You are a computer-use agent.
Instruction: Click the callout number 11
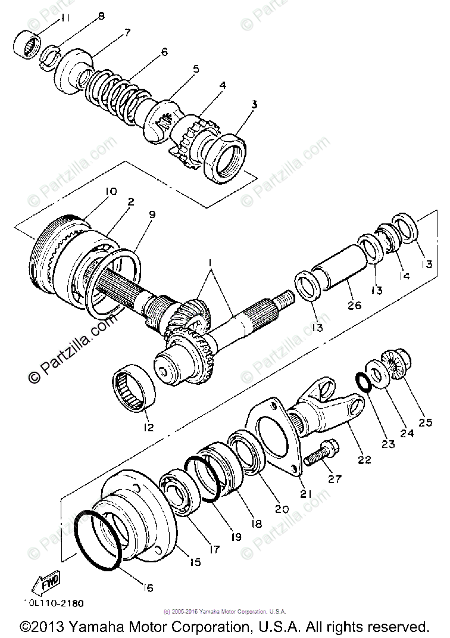[64, 18]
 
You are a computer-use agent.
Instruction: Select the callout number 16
[148, 588]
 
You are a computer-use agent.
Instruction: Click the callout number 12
[147, 427]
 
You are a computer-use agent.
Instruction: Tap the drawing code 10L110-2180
[54, 603]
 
